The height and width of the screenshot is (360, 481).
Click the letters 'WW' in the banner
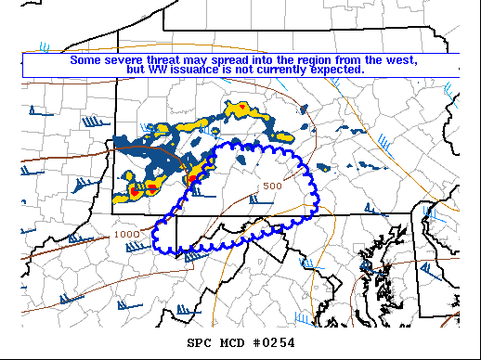156,69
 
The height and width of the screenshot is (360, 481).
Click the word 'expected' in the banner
338,69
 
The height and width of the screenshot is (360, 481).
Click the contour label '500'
272,186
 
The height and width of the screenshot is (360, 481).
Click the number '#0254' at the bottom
274,343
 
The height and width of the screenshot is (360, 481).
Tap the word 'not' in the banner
244,69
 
